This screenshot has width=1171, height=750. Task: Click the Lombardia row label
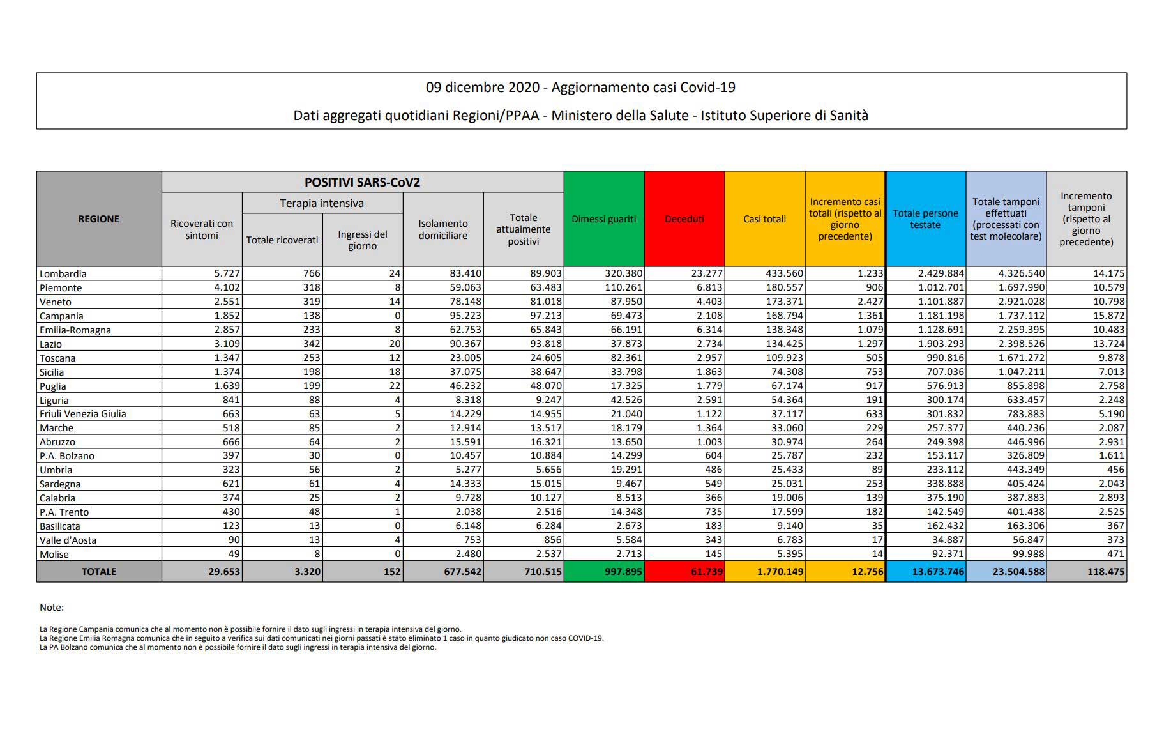63,273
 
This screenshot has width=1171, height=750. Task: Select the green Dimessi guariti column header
604,218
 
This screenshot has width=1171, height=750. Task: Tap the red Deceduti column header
684,218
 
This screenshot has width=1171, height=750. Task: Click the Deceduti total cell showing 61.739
684,571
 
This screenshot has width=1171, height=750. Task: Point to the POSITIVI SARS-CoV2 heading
362,182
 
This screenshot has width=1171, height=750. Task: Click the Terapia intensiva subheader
322,203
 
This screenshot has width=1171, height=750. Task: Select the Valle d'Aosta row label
68,540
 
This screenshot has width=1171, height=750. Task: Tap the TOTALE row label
99,571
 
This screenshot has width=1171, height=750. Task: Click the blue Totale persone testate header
925,218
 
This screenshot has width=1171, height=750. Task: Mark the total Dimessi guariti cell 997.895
604,571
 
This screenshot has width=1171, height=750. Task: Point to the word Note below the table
52,608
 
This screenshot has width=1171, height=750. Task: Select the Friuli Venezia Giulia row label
83,413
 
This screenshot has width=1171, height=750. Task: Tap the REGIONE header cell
99,218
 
